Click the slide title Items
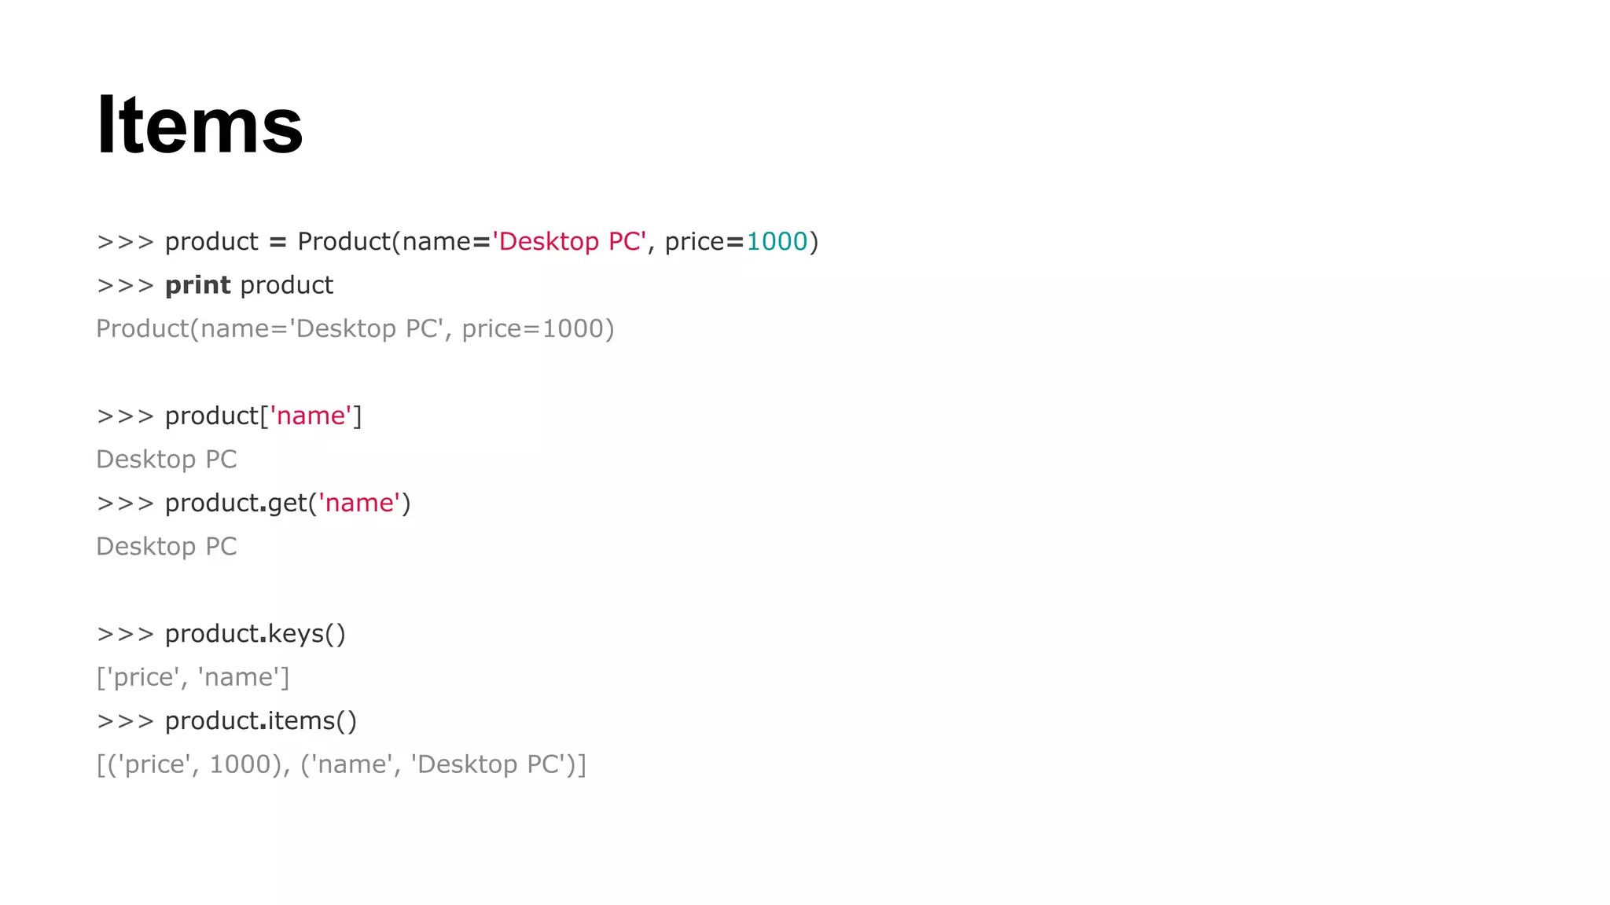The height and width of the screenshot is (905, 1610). pyautogui.click(x=200, y=126)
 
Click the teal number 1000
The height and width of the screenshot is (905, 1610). pyautogui.click(x=777, y=241)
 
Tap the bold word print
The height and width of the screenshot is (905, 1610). pyautogui.click(x=197, y=285)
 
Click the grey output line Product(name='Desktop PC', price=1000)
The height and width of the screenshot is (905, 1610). pyautogui.click(x=355, y=328)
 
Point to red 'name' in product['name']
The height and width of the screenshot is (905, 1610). pyautogui.click(x=311, y=416)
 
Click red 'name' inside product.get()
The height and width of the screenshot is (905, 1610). pyautogui.click(x=359, y=503)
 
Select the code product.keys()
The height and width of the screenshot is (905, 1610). pyautogui.click(x=255, y=633)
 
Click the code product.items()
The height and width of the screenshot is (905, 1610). pyautogui.click(x=260, y=720)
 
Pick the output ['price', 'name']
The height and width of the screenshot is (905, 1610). pyautogui.click(x=193, y=677)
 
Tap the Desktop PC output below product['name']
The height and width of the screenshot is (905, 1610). pyautogui.click(x=166, y=459)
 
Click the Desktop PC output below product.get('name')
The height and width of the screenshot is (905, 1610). pyautogui.click(x=166, y=546)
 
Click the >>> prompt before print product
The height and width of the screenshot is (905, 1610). pyautogui.click(x=125, y=285)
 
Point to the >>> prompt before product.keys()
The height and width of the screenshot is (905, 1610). pyautogui.click(x=125, y=633)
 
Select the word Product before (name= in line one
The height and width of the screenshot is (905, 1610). pyautogui.click(x=344, y=241)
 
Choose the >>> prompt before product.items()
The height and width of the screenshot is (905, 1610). pyautogui.click(x=125, y=720)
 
